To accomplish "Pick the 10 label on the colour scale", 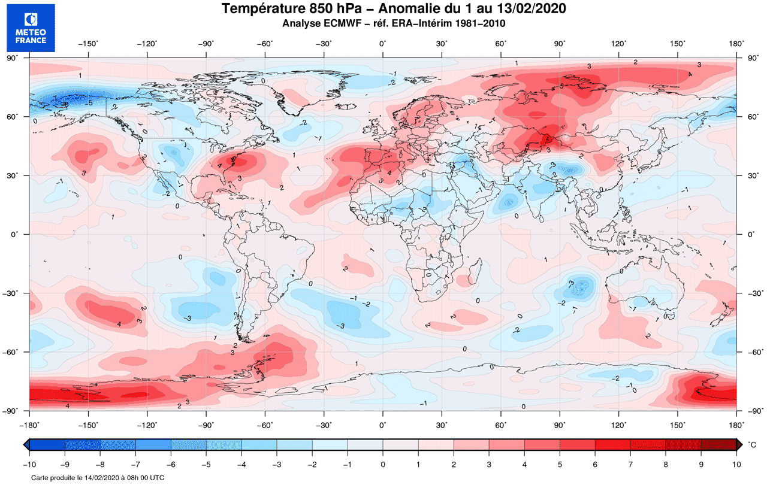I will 736,464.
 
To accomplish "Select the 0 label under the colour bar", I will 383,464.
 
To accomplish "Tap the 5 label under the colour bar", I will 560,464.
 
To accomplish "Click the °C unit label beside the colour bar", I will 752,445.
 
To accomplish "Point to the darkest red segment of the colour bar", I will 718,445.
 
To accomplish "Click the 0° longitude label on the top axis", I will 382,44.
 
